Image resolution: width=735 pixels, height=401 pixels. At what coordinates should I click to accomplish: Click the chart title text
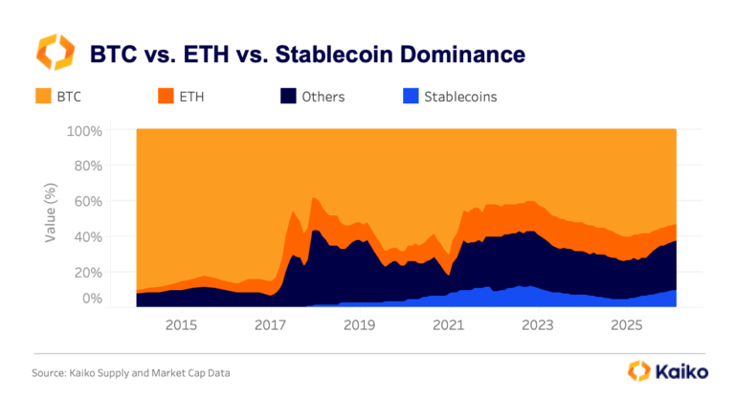click(x=306, y=53)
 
